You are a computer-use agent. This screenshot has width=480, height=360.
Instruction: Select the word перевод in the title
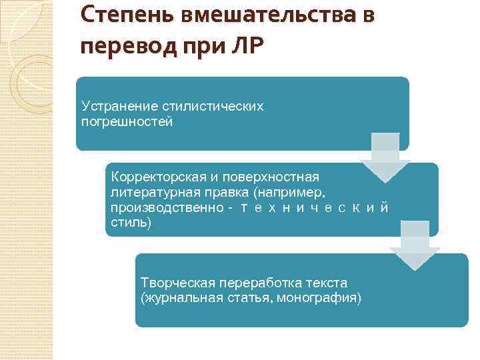point(123,48)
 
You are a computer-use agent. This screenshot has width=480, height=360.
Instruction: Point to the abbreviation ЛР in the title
point(247,48)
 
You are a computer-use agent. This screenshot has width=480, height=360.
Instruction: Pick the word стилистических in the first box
point(211,107)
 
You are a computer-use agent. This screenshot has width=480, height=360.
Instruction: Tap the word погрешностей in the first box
point(127,121)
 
